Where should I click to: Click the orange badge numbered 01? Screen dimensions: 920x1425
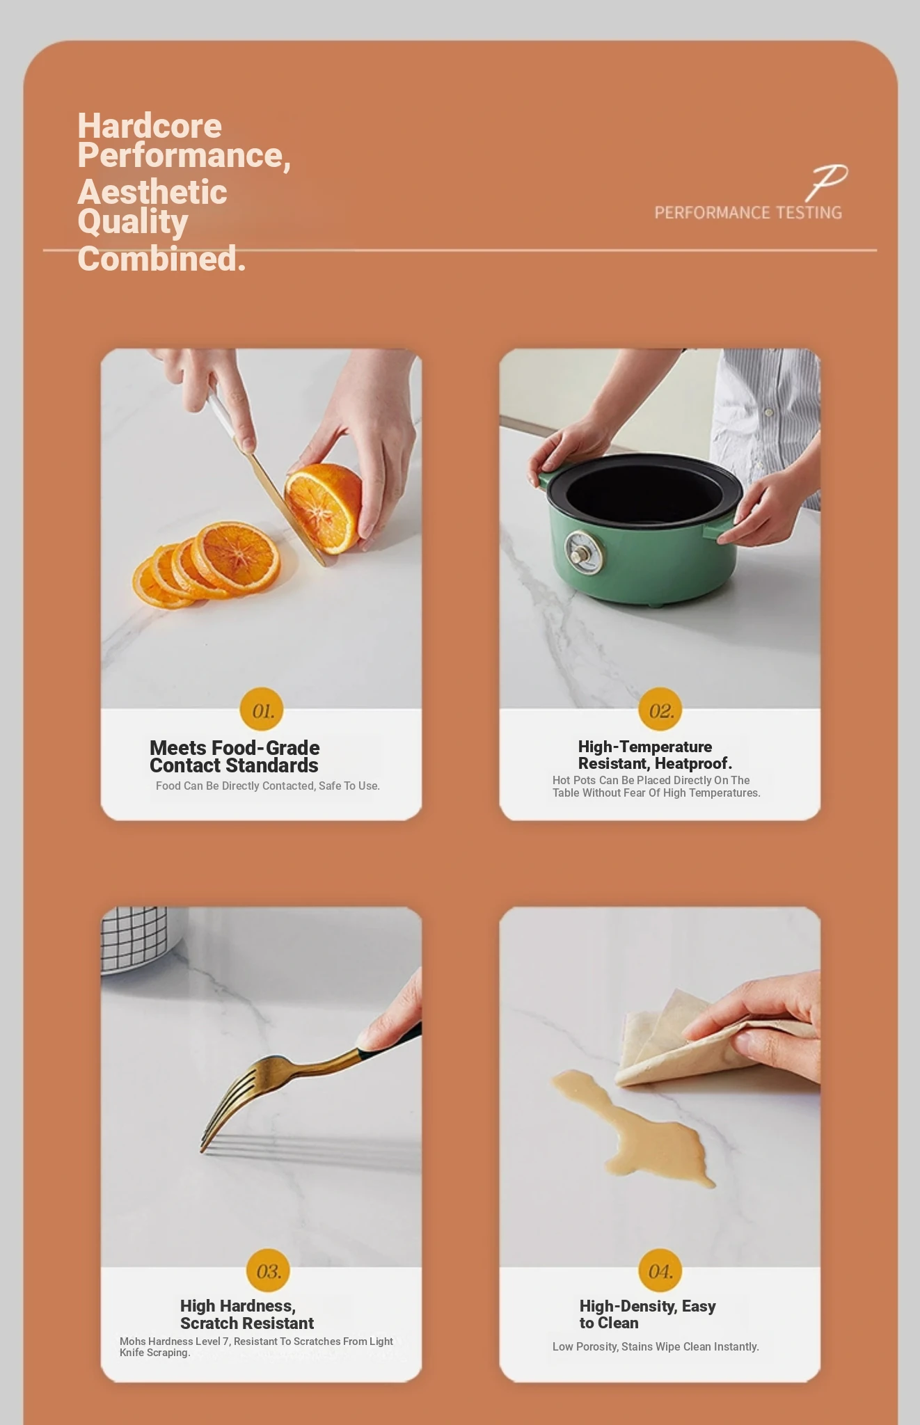pyautogui.click(x=262, y=710)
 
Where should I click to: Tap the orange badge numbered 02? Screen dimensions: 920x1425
pyautogui.click(x=660, y=710)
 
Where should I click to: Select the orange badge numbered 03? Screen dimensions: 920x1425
pyautogui.click(x=269, y=1271)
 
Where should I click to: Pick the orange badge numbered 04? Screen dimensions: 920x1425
pyautogui.click(x=660, y=1271)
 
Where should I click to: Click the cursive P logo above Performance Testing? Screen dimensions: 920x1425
pyautogui.click(x=827, y=182)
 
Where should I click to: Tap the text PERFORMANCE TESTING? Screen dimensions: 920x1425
pyautogui.click(x=748, y=213)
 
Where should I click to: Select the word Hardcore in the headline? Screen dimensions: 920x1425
pyautogui.click(x=150, y=126)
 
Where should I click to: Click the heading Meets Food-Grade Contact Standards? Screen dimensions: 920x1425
pyautogui.click(x=235, y=756)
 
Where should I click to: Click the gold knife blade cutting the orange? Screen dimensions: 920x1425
pyautogui.click(x=285, y=508)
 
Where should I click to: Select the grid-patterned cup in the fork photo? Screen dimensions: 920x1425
pyautogui.click(x=134, y=940)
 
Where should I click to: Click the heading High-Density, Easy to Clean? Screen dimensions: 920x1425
pyautogui.click(x=647, y=1314)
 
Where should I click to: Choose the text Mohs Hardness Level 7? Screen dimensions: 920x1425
pyautogui.click(x=174, y=1341)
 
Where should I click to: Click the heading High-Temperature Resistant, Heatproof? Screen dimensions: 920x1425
pyautogui.click(x=655, y=755)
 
